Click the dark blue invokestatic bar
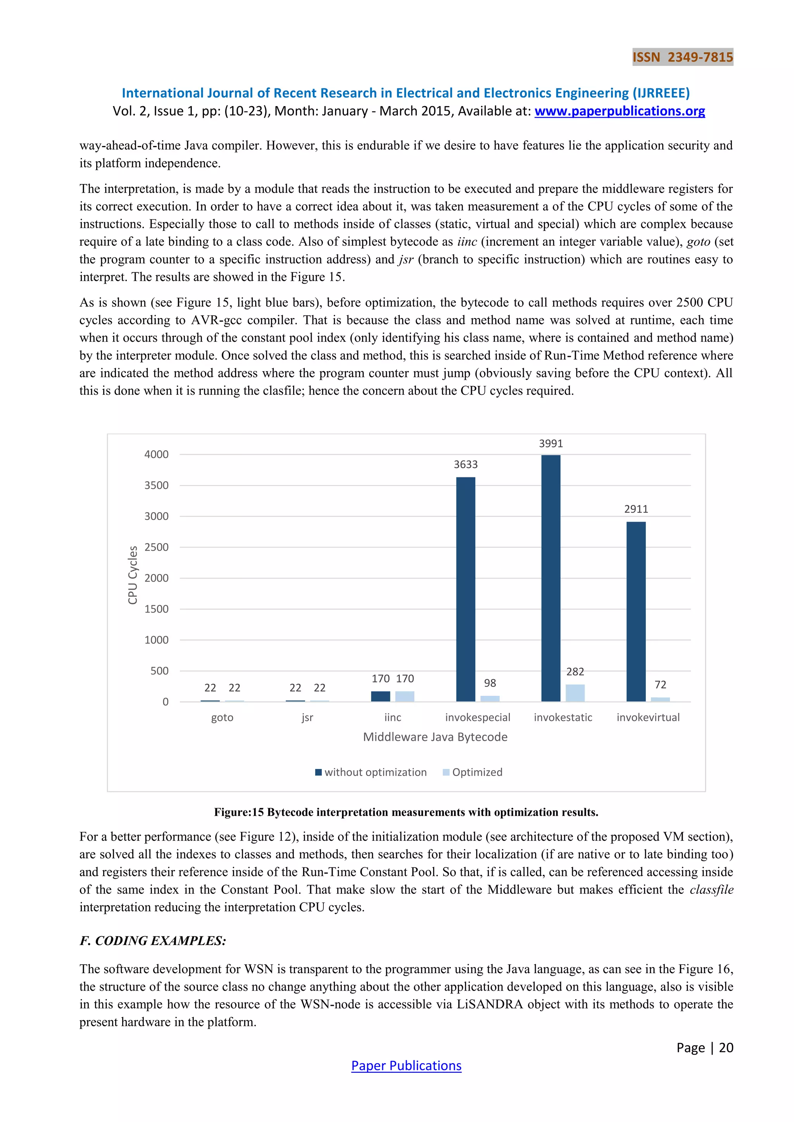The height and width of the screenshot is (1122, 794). pos(551,578)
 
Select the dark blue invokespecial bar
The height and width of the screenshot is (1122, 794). pos(466,589)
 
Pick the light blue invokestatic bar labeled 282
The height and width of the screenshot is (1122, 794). pos(575,693)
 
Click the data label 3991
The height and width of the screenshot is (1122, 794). pos(551,444)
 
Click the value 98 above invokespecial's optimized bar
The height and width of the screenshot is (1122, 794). pos(490,683)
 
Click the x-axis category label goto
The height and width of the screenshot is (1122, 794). pos(222,718)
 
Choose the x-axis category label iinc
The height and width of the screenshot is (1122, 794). pos(393,718)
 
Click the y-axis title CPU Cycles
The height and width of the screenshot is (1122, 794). pos(133,575)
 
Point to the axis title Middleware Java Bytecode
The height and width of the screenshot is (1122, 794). pos(435,737)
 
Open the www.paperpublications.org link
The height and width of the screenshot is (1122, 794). pos(620,112)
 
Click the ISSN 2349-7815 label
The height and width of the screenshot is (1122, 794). pos(682,57)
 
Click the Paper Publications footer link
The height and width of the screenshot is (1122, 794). pos(406,1066)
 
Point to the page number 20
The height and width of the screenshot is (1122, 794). pos(726,1048)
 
